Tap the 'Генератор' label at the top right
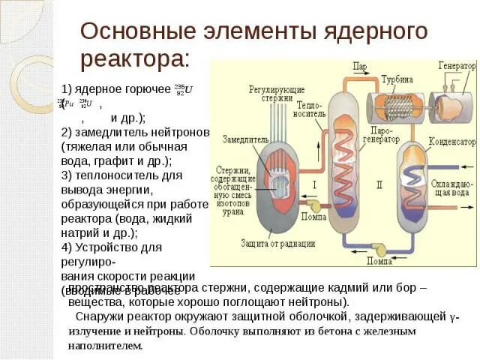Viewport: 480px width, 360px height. pyautogui.click(x=457, y=66)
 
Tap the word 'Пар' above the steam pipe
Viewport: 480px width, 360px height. pyautogui.click(x=359, y=67)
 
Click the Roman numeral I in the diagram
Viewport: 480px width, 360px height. pyautogui.click(x=314, y=183)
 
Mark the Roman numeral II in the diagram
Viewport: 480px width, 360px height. pyautogui.click(x=379, y=183)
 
